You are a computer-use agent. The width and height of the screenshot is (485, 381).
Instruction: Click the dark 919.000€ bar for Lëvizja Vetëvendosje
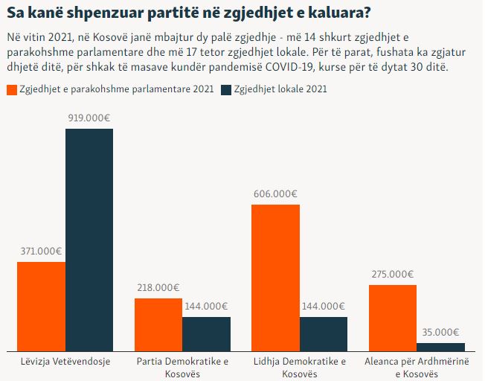point(89,238)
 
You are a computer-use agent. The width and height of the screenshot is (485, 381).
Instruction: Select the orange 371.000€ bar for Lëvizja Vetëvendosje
point(41,305)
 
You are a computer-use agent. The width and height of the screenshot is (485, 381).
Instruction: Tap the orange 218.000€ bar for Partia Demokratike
point(158,324)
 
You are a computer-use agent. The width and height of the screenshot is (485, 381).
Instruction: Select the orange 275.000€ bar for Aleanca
point(392,317)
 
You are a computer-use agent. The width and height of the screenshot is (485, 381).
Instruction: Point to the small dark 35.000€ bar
point(440,346)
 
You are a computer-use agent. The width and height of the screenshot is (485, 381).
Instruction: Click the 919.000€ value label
point(89,118)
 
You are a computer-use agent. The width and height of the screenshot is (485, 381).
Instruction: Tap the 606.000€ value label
point(275,193)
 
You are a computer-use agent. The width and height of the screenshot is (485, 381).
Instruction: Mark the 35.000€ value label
point(440,333)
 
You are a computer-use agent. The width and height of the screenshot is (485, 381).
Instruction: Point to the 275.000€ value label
point(392,274)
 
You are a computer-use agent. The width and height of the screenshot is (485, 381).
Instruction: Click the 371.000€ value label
point(41,251)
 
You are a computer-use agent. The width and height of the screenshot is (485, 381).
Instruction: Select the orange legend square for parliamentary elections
point(11,89)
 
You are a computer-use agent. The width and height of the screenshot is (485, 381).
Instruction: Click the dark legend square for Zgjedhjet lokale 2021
point(226,89)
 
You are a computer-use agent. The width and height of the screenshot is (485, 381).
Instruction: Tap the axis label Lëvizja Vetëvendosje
point(65,362)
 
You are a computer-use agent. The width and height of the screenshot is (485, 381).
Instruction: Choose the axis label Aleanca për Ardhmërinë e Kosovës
point(417,367)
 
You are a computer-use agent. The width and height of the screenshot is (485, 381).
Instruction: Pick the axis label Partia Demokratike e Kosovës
point(182,367)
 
